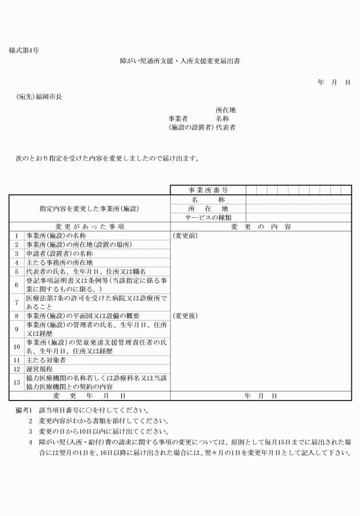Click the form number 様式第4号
point(25,51)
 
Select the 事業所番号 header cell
point(208,190)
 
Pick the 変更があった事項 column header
point(90,226)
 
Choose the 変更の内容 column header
point(261,226)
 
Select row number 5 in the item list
point(17,271)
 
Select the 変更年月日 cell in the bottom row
point(90,395)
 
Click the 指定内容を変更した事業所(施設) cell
point(90,209)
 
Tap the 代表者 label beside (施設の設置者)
point(226,127)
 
